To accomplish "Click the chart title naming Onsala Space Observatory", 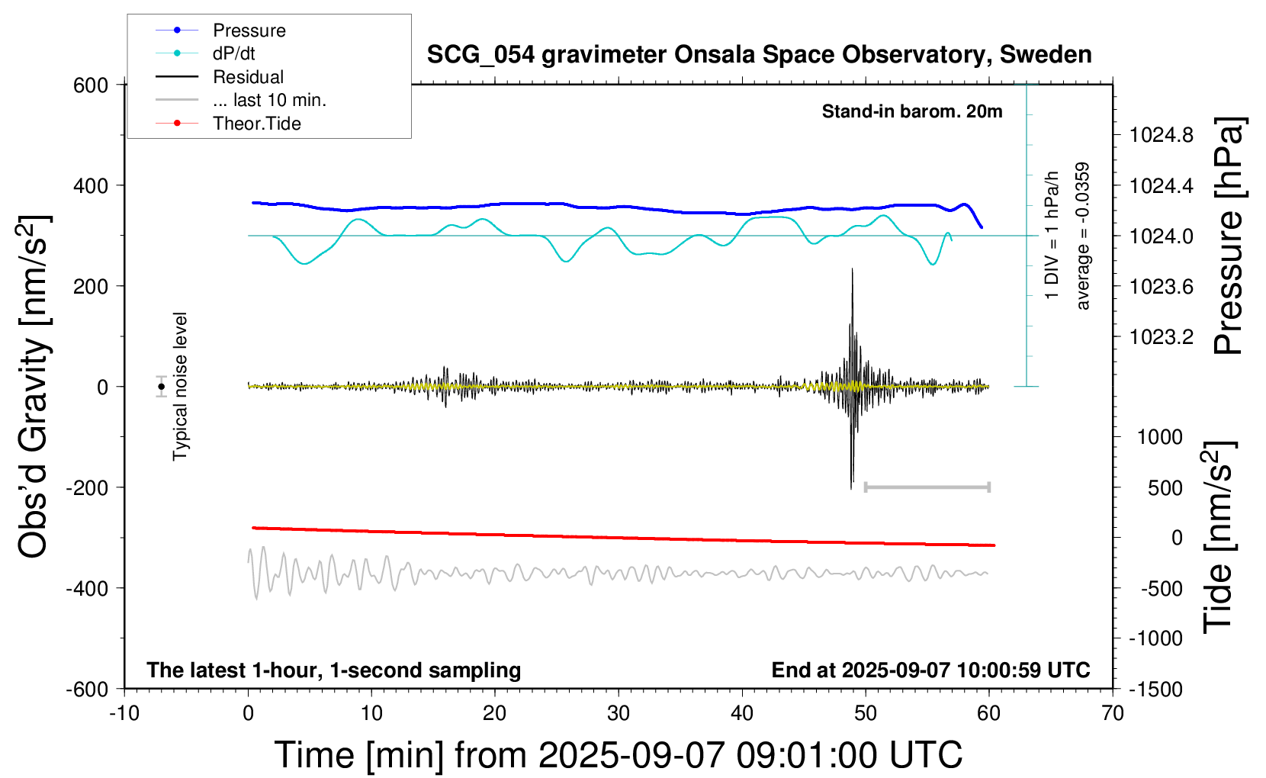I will pos(759,55).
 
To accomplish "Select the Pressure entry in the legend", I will pos(249,31).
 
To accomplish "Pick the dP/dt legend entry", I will pos(233,53).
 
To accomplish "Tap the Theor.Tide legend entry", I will pos(256,124).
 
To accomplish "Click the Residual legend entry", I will pos(248,77).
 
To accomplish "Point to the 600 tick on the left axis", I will pos(91,85).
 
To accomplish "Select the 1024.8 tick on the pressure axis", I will pos(1162,135).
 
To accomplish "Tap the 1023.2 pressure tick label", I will pos(1162,337).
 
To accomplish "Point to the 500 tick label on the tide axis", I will pos(1165,487).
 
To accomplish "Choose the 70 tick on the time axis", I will pos(1113,713).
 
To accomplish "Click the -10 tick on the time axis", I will pos(124,713).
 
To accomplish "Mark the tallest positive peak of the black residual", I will pos(852,269).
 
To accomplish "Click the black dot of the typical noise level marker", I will pos(161,387).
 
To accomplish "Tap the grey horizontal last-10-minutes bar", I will pos(927,487).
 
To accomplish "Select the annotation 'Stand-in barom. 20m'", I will pos(912,111).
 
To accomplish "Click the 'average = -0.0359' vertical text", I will pos(1083,236).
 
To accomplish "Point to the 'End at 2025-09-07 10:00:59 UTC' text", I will pos(930,670).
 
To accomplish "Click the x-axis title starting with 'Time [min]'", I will pos(618,755).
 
